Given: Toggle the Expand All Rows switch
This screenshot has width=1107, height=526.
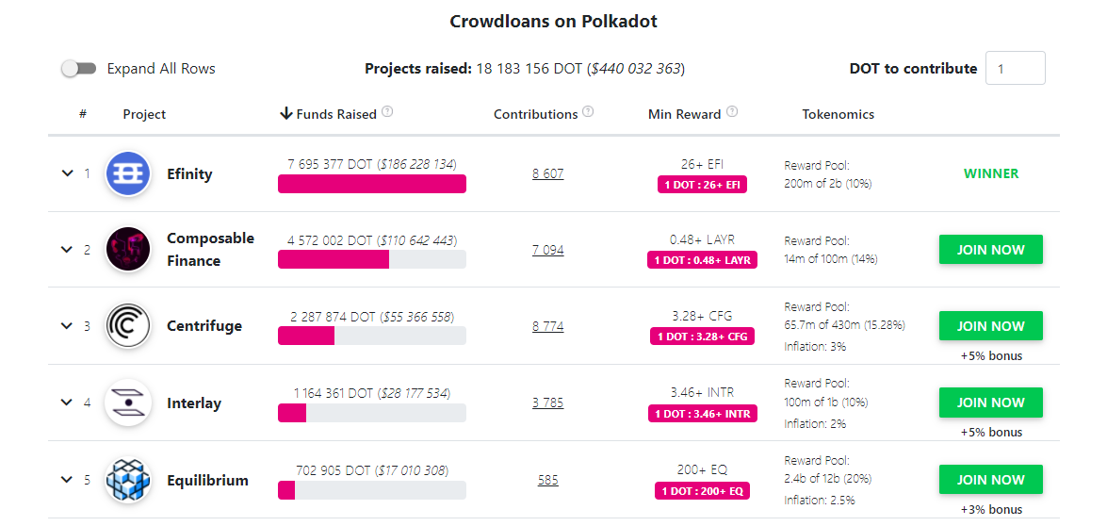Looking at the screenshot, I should tap(78, 69).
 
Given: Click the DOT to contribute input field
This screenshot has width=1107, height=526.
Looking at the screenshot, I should tap(1015, 69).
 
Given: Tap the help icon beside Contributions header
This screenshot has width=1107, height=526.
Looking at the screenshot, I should tap(588, 112).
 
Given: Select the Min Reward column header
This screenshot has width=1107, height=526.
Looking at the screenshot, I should tap(684, 114).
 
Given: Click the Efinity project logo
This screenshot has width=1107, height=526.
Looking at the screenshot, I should tap(128, 173).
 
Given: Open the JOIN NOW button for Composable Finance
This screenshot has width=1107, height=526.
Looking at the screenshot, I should tap(990, 250).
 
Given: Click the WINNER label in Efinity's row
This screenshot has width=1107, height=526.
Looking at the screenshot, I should tap(990, 173).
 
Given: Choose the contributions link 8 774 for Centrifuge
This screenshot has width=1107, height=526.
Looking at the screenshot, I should tap(547, 326).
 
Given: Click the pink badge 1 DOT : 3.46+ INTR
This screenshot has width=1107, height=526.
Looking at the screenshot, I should tap(702, 413).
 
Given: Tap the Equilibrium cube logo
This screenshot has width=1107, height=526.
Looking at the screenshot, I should tap(128, 480).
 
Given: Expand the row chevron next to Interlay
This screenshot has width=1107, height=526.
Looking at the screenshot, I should tap(67, 403).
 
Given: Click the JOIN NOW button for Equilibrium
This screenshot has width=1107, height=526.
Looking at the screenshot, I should tap(990, 480).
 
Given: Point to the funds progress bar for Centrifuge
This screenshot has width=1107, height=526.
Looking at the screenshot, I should tap(371, 336).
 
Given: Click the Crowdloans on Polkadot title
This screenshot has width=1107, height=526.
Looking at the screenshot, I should tap(553, 21).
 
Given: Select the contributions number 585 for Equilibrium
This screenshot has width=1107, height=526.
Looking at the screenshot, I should tap(547, 480).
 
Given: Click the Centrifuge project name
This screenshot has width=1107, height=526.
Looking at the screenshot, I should tap(204, 326).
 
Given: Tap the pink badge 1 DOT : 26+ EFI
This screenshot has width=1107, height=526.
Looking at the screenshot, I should tap(702, 185).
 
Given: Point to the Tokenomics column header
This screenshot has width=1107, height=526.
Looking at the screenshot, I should tap(838, 114).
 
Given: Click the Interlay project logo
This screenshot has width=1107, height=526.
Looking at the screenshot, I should tap(128, 403).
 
